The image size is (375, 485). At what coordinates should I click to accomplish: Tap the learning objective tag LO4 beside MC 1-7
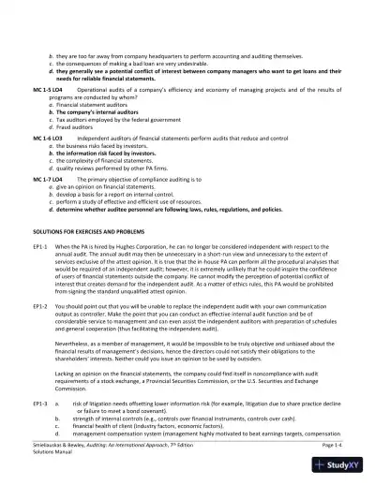[x=57, y=176]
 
